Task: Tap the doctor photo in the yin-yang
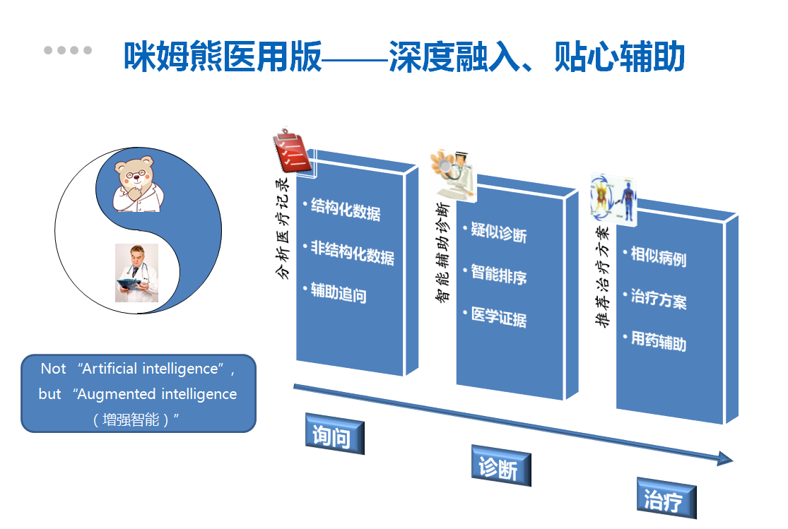[x=136, y=273]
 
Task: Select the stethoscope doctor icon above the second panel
[x=453, y=175]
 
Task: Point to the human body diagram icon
[x=613, y=199]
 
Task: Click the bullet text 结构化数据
[x=346, y=209]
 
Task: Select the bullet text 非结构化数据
[x=352, y=252]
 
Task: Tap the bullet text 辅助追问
[x=339, y=292]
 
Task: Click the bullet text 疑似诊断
[x=498, y=232]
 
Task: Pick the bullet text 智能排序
[x=498, y=275]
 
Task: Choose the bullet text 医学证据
[x=498, y=318]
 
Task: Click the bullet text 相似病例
[x=659, y=256]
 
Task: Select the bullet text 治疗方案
[x=659, y=299]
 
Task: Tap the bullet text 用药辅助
[x=659, y=341]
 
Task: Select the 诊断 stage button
[x=500, y=465]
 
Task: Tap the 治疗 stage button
[x=666, y=498]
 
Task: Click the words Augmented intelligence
[x=157, y=394]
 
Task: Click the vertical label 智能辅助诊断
[x=442, y=252]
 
